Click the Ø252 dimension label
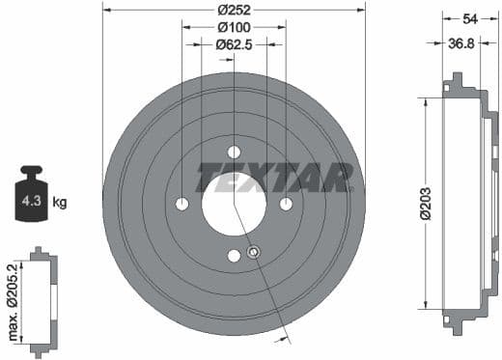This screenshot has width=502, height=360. tap(235, 11)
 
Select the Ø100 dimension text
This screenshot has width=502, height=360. tap(235, 27)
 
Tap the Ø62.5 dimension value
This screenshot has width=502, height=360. tap(235, 44)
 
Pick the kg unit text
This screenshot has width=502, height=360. tap(60, 203)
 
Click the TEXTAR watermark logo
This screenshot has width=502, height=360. tap(275, 178)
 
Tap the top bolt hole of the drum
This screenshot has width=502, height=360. tap(234, 152)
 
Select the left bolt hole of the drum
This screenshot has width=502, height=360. tap(182, 204)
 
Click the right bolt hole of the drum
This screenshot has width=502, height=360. tap(286, 204)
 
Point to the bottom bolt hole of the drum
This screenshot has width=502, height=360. tap(234, 256)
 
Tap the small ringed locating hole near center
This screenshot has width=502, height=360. tap(253, 253)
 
